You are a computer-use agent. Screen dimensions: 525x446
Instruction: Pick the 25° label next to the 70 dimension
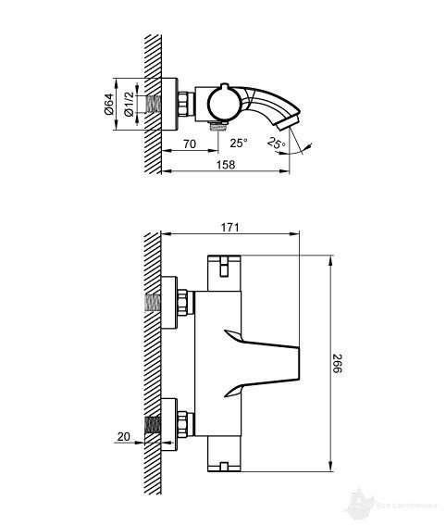click(239, 144)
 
